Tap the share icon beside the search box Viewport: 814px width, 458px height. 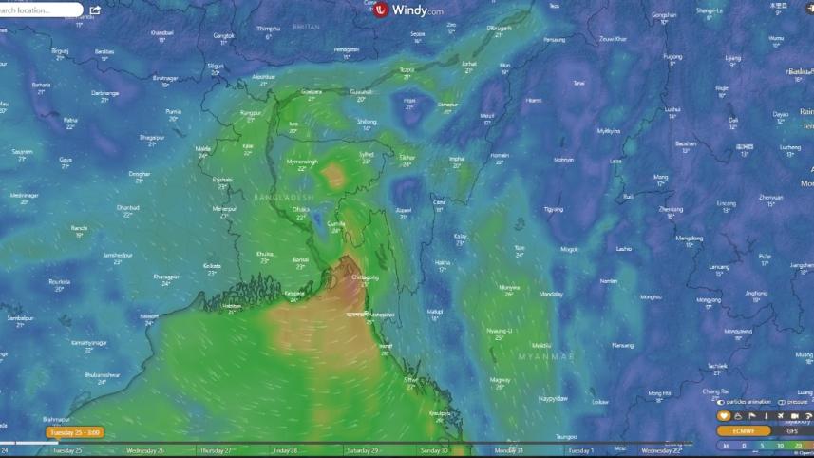[x=96, y=10]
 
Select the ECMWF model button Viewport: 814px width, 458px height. [x=744, y=430]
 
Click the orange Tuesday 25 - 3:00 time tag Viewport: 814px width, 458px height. [x=75, y=432]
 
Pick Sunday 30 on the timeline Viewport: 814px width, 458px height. [x=434, y=450]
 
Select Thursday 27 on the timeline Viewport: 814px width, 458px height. [x=218, y=450]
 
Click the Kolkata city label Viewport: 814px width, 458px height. [x=212, y=265]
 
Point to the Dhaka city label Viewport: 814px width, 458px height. [x=301, y=208]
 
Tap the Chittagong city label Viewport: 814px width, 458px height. [x=365, y=277]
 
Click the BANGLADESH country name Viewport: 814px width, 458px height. [x=283, y=196]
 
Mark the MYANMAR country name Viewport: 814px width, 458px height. [x=545, y=355]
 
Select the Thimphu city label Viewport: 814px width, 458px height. [x=269, y=29]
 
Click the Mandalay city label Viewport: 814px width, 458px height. [x=551, y=294]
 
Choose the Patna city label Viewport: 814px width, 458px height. [x=70, y=120]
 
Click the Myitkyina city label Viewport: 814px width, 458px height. [x=608, y=130]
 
